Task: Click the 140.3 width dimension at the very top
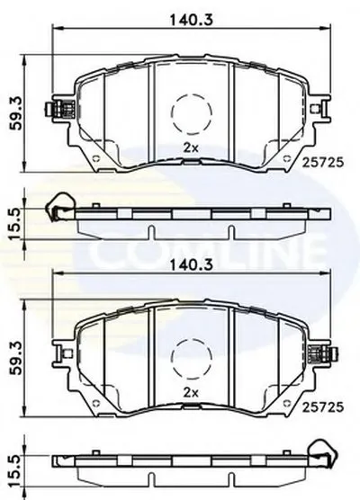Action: tap(191, 20)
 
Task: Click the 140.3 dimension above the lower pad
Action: tap(191, 264)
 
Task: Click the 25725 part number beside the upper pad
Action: tap(323, 163)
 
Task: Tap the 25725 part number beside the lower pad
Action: tap(323, 406)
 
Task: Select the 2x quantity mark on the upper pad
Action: tap(191, 147)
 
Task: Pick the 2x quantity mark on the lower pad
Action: tap(191, 393)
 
